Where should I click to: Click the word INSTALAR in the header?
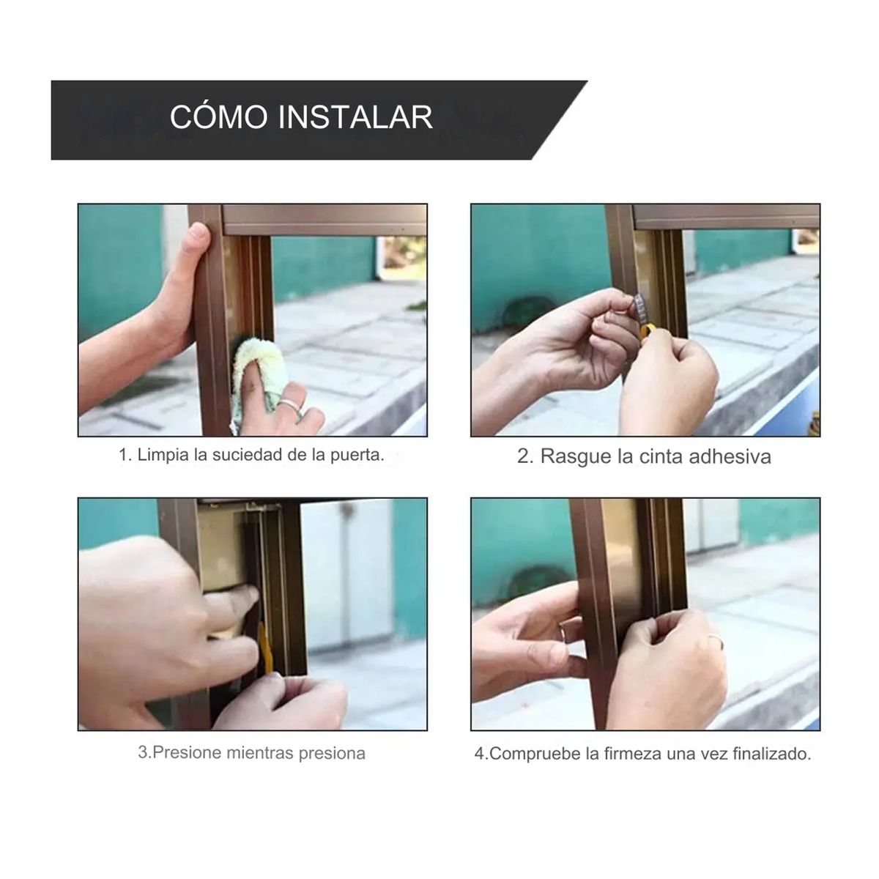click(356, 117)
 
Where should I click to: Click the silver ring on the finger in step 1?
click(292, 402)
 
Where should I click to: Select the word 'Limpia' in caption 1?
click(163, 455)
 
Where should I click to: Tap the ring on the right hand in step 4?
click(715, 642)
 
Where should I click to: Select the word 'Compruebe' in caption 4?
click(535, 754)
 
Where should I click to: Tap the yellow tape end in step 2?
click(646, 331)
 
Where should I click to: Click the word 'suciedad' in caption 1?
click(251, 455)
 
